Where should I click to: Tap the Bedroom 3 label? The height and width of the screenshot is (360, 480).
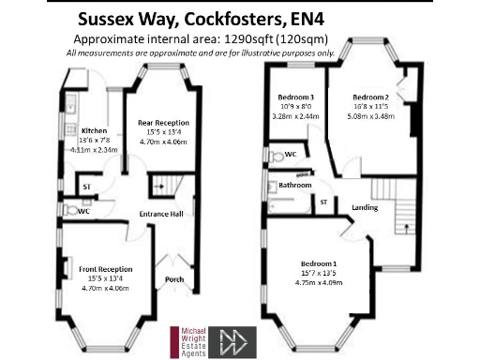point(296,97)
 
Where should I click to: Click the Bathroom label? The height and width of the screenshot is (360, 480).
point(294,186)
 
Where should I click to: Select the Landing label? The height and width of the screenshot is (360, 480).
point(365,207)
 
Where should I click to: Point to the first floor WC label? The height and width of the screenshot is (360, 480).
point(292,152)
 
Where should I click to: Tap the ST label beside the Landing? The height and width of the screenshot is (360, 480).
point(323,202)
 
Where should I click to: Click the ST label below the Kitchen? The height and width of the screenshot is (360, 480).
point(87,186)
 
